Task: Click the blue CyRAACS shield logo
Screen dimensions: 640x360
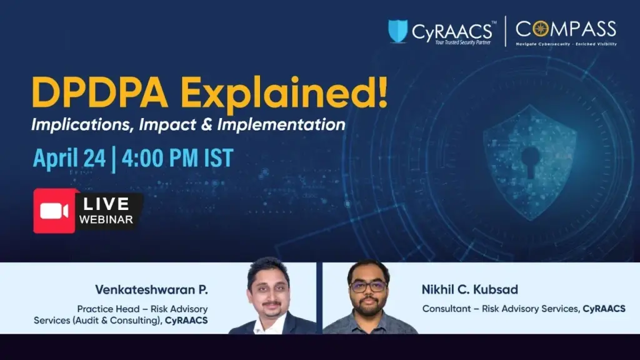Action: click(x=397, y=31)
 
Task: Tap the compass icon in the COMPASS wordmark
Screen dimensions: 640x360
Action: click(x=541, y=29)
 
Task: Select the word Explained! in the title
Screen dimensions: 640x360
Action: click(x=284, y=94)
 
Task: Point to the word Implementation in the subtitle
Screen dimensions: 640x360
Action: click(x=281, y=124)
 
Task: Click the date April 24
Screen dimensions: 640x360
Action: click(x=69, y=158)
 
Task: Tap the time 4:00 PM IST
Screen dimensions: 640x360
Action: click(x=177, y=158)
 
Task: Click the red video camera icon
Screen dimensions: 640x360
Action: click(x=54, y=211)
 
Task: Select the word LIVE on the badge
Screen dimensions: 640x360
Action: click(x=106, y=204)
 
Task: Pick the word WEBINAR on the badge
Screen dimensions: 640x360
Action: click(x=106, y=219)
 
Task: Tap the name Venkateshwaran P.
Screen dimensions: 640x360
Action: click(x=151, y=290)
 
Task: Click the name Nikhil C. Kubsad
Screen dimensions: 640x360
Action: click(x=470, y=290)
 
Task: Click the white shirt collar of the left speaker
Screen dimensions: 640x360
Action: click(x=269, y=324)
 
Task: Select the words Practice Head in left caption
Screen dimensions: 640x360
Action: click(x=107, y=309)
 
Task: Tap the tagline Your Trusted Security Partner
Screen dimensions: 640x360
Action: click(x=463, y=42)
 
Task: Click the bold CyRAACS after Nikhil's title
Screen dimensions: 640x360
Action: click(x=604, y=309)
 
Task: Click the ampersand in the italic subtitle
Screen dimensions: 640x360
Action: click(x=206, y=124)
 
